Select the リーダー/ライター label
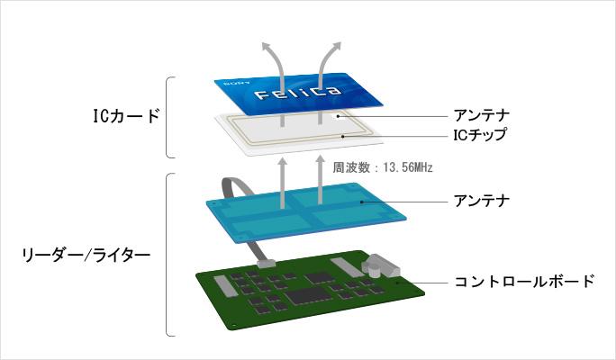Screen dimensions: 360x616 (85, 255)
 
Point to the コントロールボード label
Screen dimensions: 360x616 (524, 282)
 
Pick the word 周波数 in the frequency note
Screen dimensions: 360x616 (351, 167)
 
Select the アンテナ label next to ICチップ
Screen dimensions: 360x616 (480, 115)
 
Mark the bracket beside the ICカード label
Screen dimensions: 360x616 (168, 116)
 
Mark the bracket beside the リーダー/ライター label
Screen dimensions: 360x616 (168, 255)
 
